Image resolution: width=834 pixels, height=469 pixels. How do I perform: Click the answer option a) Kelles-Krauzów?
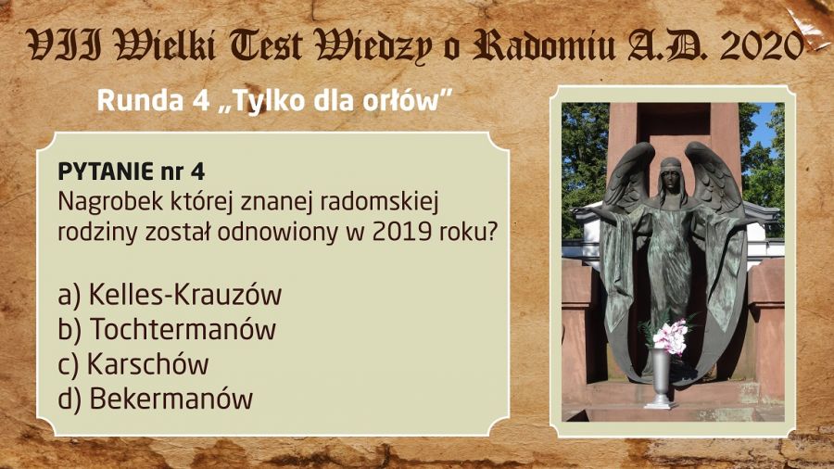170,295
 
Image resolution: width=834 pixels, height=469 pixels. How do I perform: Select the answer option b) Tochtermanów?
167,329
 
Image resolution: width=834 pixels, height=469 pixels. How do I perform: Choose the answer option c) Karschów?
133,364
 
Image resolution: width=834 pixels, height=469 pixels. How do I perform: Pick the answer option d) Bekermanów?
156,399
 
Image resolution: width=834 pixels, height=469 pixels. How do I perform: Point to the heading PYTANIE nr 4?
132,171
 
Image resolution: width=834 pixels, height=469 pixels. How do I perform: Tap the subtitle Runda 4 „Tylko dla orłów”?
274,100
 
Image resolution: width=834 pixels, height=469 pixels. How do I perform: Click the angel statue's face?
671,180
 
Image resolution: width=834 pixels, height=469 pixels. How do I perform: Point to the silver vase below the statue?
661,378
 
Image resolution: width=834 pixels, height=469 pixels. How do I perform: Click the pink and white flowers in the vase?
670,336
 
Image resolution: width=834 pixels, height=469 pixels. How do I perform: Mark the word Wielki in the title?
166,46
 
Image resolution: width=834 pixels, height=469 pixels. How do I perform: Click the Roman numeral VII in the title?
64,46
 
